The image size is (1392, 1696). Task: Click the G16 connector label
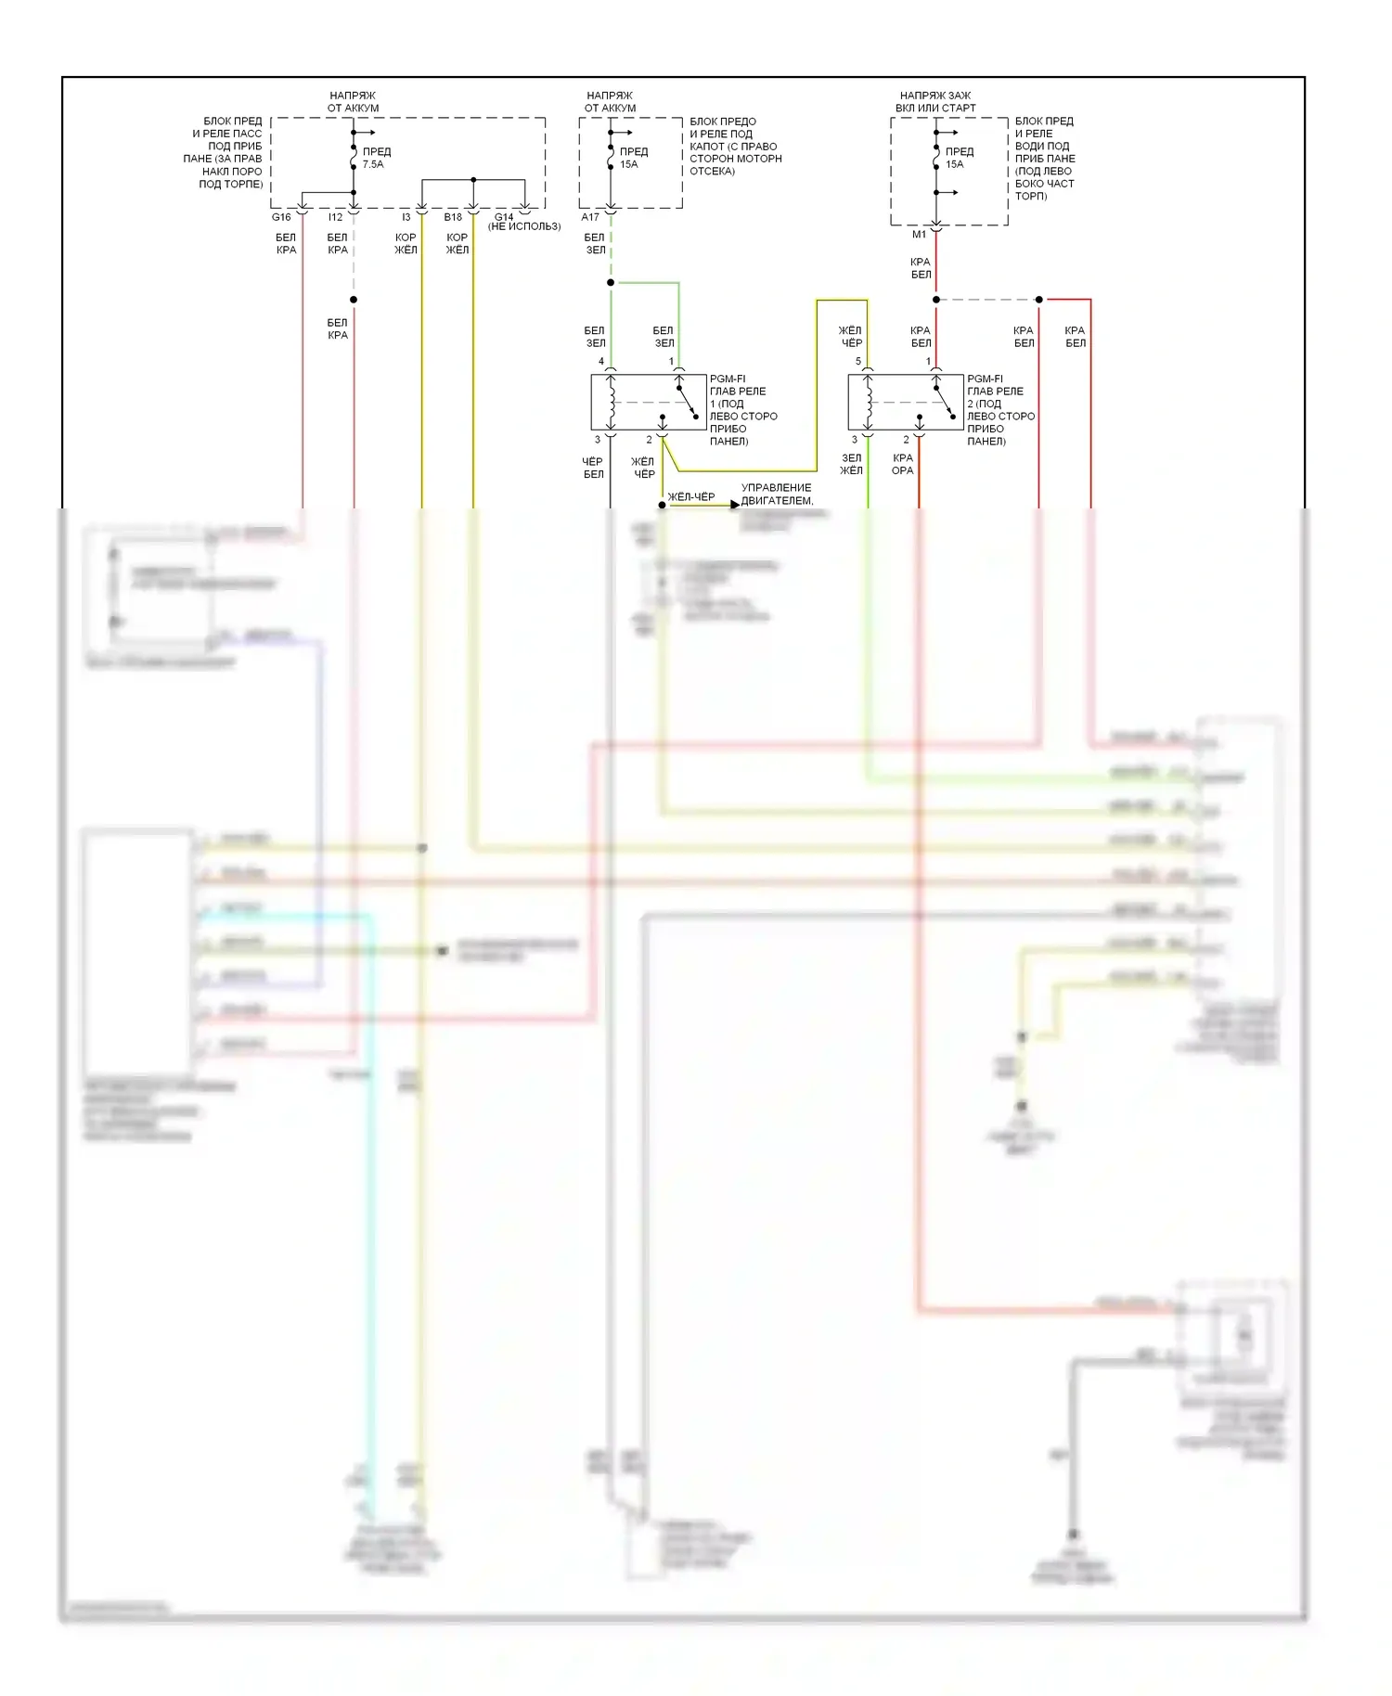[281, 217]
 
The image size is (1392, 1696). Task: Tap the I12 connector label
[335, 217]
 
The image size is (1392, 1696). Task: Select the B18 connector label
[453, 217]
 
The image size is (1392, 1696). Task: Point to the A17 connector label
[590, 217]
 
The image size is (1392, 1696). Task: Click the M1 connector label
[919, 235]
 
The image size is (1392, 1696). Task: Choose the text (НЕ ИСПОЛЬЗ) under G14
[524, 226]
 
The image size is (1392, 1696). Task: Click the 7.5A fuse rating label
[373, 164]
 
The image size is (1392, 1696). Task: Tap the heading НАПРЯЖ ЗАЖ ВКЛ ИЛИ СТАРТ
[935, 102]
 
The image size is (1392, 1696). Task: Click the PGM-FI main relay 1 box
[648, 403]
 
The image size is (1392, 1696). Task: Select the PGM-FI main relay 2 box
[905, 403]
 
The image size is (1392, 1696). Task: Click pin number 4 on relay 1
[601, 362]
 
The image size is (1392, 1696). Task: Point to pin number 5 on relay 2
[858, 362]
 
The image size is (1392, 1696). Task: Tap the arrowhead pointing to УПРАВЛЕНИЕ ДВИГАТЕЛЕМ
[735, 505]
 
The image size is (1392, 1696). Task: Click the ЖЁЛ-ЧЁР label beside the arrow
[691, 497]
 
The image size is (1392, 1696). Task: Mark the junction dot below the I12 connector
[354, 300]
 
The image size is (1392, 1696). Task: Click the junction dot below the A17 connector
[611, 282]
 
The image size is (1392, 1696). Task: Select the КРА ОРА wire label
[903, 464]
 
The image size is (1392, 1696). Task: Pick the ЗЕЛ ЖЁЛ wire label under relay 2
[851, 464]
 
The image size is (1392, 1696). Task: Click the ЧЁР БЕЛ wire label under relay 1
[594, 468]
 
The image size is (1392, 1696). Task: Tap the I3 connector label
[406, 217]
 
